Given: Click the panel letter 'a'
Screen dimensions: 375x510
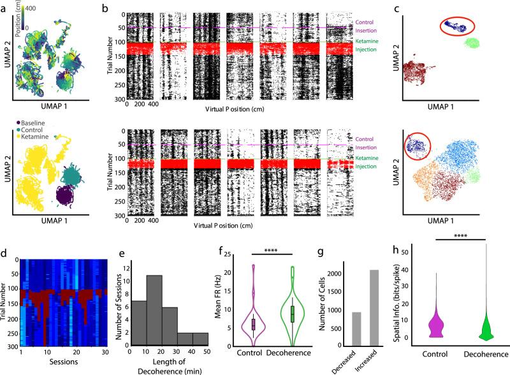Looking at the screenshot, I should coord(5,5).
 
